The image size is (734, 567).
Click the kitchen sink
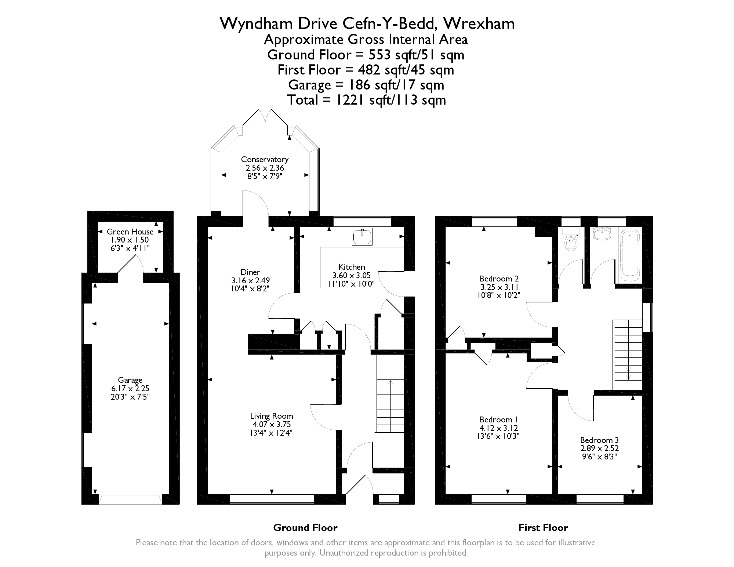click(362, 236)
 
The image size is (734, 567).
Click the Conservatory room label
click(265, 160)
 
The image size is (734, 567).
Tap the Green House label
click(130, 232)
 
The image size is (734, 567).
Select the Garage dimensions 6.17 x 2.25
click(130, 388)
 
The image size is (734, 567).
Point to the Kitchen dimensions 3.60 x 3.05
click(352, 275)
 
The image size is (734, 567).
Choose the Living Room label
click(272, 416)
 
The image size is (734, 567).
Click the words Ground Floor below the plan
click(305, 528)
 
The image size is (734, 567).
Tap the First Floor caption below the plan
click(543, 528)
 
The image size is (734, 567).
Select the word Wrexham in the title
click(479, 24)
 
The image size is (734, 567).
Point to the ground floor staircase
click(390, 406)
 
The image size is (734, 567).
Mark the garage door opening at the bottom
click(130, 499)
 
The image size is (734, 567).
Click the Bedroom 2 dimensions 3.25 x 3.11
click(499, 287)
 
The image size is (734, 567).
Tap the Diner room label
click(250, 272)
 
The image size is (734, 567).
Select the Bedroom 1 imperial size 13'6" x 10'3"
click(499, 436)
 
